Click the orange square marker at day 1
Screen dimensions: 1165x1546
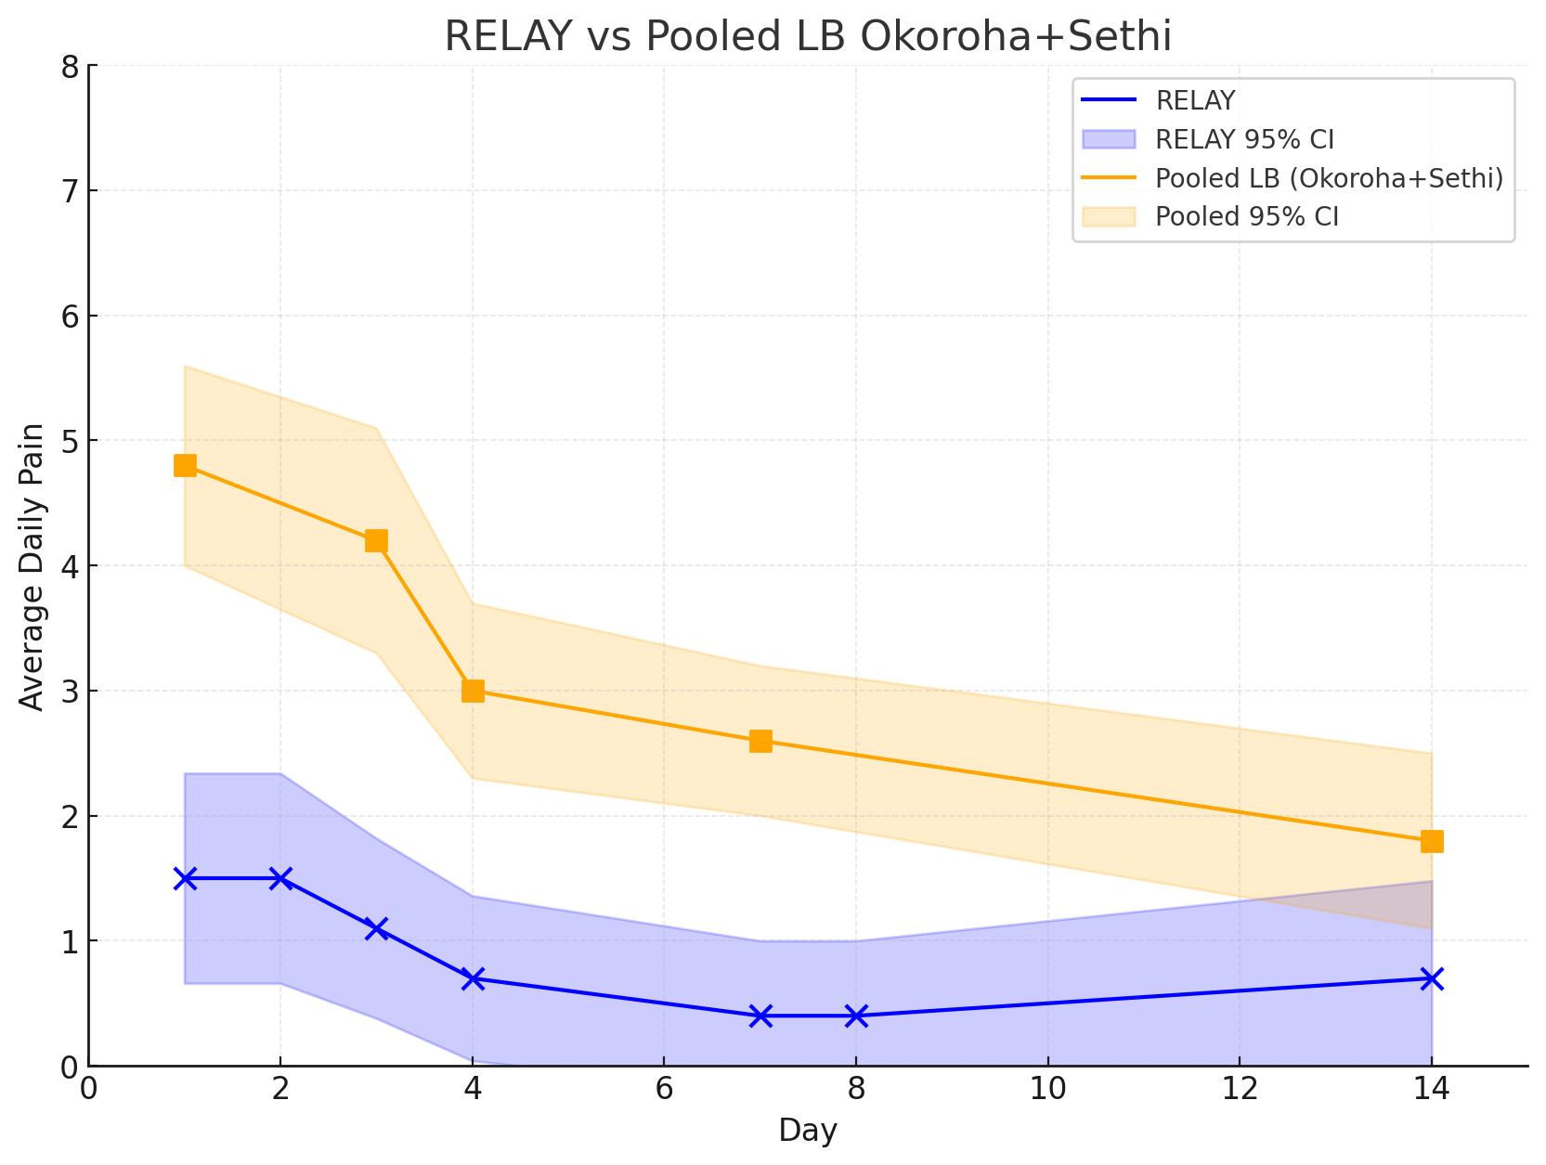coord(185,465)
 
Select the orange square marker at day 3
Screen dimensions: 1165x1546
coord(376,540)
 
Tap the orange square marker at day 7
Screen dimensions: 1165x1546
coord(760,741)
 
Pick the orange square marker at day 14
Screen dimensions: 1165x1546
coord(1432,841)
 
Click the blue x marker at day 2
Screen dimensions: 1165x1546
coord(280,878)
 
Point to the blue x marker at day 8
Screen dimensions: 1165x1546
coord(856,1016)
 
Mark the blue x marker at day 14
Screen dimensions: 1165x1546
coord(1432,978)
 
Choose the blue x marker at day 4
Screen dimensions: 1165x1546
coord(473,978)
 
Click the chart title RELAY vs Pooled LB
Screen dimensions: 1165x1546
coord(808,36)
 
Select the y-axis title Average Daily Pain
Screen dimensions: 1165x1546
coord(32,566)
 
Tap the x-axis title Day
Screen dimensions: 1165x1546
coord(808,1131)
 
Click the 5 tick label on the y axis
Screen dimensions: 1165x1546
coord(71,441)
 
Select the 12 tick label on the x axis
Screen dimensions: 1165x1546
coord(1240,1087)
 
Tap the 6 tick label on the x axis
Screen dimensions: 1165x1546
coord(664,1087)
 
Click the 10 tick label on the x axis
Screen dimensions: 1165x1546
coord(1047,1087)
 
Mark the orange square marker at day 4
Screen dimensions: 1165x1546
coord(473,691)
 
